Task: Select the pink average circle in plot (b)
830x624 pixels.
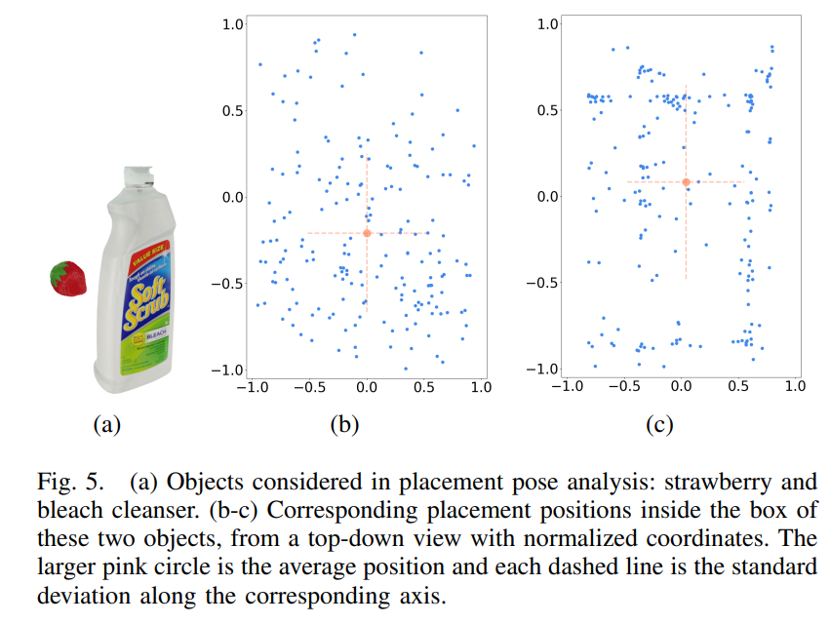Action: (367, 233)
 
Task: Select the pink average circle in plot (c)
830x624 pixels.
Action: (687, 181)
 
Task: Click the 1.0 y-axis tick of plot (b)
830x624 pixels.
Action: (230, 24)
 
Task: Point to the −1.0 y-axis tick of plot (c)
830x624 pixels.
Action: (542, 369)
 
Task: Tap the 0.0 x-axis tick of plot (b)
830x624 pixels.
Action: (367, 387)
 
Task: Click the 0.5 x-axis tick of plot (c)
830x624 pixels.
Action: (738, 386)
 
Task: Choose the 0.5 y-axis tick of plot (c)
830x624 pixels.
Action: (548, 110)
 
